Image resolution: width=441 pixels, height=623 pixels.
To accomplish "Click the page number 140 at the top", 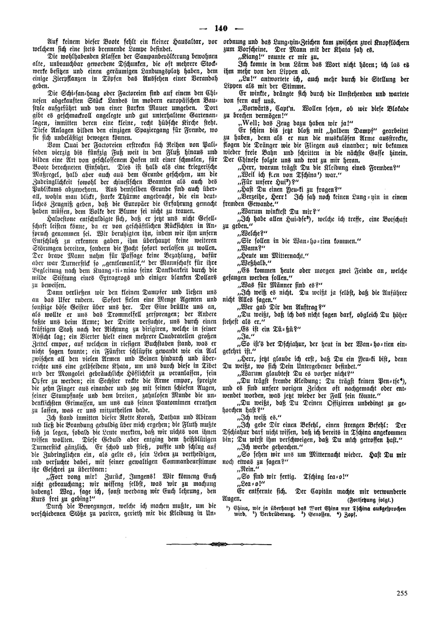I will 220,29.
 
